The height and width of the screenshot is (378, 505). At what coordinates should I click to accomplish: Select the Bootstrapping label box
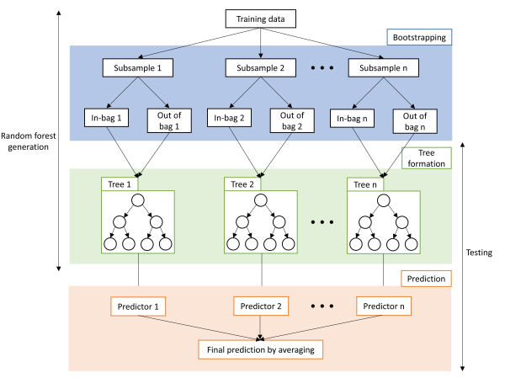(419, 37)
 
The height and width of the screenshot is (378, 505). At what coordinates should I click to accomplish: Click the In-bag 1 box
(105, 119)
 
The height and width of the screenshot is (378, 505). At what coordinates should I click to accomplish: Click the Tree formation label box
(428, 157)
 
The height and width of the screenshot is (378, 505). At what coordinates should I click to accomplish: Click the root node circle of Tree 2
(261, 200)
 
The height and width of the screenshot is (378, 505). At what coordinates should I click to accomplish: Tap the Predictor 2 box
(260, 306)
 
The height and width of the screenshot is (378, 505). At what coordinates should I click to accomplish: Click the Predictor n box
(385, 306)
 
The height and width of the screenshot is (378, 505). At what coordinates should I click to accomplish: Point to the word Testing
(481, 253)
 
